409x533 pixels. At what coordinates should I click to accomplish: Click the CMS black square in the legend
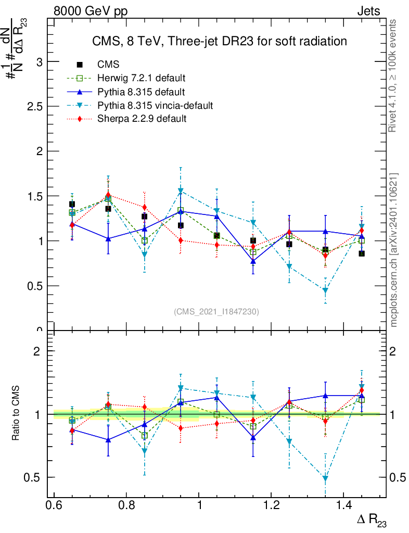coord(80,65)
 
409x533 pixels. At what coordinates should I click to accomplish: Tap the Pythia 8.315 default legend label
coord(141,92)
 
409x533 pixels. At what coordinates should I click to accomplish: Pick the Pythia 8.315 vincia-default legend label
coord(155,106)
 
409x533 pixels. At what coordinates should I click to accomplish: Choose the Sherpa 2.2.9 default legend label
coord(142,119)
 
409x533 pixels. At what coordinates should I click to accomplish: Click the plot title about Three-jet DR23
coord(219,41)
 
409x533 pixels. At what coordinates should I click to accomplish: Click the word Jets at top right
coord(368,11)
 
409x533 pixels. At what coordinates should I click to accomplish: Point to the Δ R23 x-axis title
coord(372,520)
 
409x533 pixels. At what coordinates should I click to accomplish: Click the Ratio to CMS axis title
coord(16,414)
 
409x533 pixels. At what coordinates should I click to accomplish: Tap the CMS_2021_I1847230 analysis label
coord(216,311)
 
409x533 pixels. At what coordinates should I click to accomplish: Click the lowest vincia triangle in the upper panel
coord(325,290)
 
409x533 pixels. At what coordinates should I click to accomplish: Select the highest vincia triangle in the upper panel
coord(181,191)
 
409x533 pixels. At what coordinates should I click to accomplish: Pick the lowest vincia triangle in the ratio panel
coord(325,478)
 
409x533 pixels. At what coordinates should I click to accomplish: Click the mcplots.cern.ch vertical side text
coord(394,250)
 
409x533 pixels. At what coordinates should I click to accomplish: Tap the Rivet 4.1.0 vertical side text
coord(394,75)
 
